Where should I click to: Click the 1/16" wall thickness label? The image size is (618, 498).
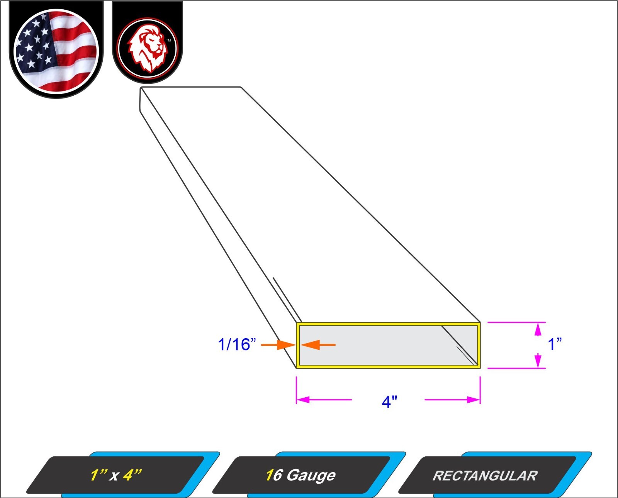[x=237, y=344]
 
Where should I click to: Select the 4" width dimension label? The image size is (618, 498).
[x=389, y=402]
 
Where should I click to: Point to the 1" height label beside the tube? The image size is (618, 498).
[x=555, y=344]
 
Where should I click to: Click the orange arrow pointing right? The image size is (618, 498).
[x=278, y=345]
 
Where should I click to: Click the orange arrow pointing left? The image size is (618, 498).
[x=318, y=345]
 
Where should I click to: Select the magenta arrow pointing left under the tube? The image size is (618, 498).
[x=324, y=400]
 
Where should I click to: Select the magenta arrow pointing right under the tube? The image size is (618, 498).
[x=452, y=400]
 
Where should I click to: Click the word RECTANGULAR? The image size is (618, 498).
[x=485, y=476]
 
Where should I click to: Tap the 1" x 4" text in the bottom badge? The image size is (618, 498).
[x=116, y=475]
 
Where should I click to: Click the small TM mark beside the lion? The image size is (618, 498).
[x=168, y=40]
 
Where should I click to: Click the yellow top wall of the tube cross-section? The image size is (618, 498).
[x=388, y=324]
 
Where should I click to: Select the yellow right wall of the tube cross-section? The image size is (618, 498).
[x=479, y=345]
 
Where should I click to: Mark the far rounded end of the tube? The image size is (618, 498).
[x=141, y=99]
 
